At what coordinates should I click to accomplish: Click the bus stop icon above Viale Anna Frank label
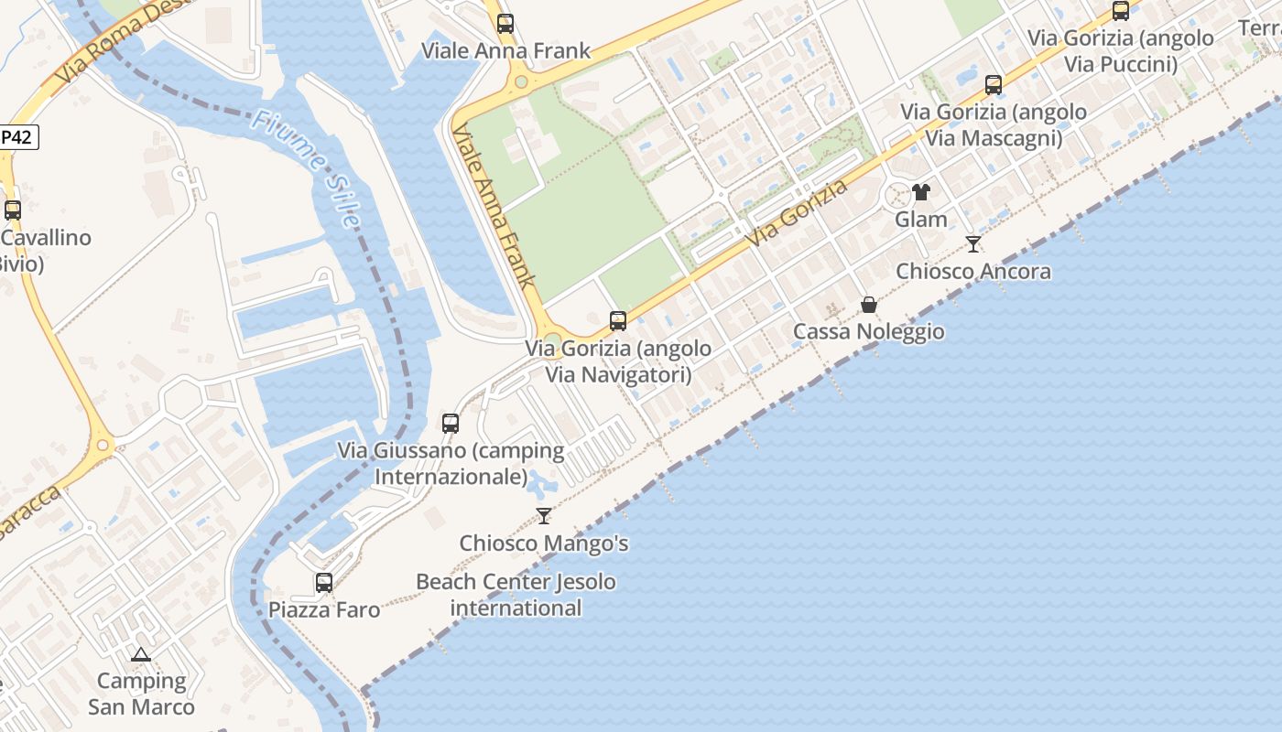pyautogui.click(x=505, y=24)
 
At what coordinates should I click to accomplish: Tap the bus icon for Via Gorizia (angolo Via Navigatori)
pyautogui.click(x=618, y=321)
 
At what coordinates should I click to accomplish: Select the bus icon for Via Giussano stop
pyautogui.click(x=451, y=424)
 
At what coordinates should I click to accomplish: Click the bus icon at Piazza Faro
pyautogui.click(x=324, y=583)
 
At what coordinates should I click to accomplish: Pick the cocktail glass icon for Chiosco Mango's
pyautogui.click(x=544, y=516)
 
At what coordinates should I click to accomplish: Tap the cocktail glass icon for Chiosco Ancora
pyautogui.click(x=973, y=244)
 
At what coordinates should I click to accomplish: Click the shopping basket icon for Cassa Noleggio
pyautogui.click(x=868, y=305)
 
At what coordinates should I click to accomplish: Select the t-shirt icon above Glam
pyautogui.click(x=921, y=192)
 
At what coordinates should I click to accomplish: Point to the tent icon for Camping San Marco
pyautogui.click(x=140, y=654)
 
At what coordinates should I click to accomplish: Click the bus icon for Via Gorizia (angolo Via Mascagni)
pyautogui.click(x=994, y=86)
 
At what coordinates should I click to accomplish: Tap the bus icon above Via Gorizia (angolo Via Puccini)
pyautogui.click(x=1121, y=11)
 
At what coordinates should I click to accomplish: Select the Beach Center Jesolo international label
pyautogui.click(x=516, y=595)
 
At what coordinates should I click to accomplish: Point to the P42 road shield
pyautogui.click(x=17, y=137)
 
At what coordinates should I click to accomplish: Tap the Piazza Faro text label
pyautogui.click(x=324, y=610)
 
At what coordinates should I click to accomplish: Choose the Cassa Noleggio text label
pyautogui.click(x=868, y=331)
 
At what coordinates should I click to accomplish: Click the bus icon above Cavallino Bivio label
pyautogui.click(x=13, y=210)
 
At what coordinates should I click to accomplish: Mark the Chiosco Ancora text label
pyautogui.click(x=973, y=272)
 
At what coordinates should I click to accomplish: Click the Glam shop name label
pyautogui.click(x=921, y=220)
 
